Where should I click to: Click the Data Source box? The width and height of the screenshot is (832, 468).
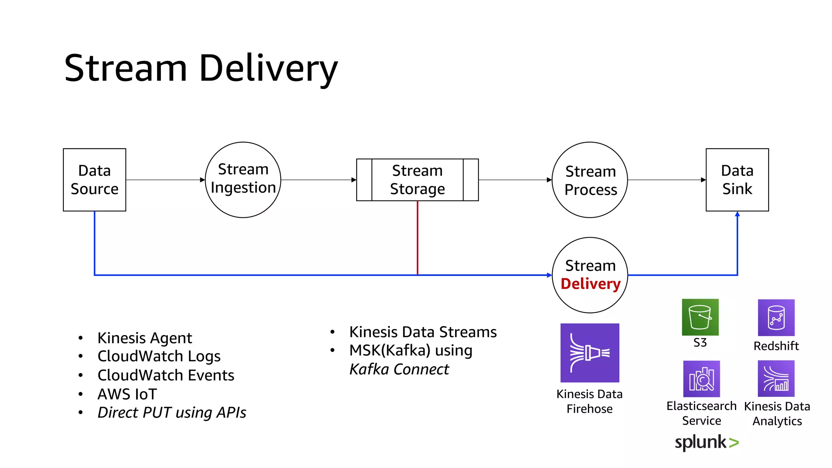pos(94,180)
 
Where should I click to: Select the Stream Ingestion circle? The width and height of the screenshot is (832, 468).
pos(243,180)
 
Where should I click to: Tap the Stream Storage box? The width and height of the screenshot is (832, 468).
pos(417,180)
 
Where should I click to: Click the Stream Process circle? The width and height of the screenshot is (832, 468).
pos(590,180)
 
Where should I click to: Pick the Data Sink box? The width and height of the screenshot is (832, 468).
pos(737,180)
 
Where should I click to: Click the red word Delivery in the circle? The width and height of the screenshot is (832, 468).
pos(590,284)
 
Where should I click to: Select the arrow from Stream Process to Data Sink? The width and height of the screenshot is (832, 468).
pos(666,180)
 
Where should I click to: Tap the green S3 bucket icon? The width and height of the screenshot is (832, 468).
pos(700,317)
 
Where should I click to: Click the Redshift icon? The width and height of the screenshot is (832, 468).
pos(776,318)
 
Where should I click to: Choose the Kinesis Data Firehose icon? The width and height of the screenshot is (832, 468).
pos(589,353)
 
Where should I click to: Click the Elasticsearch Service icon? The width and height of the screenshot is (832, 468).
pos(701,379)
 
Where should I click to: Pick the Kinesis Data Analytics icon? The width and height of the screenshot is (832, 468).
pos(776,379)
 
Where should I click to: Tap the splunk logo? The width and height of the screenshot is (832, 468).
pos(706,442)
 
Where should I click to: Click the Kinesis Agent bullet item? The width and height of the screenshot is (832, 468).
pos(145,338)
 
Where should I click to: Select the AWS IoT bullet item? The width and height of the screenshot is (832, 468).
pos(127,394)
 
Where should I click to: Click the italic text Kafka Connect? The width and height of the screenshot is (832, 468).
pos(399,369)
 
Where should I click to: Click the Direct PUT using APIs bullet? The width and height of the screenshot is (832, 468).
pos(171,413)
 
